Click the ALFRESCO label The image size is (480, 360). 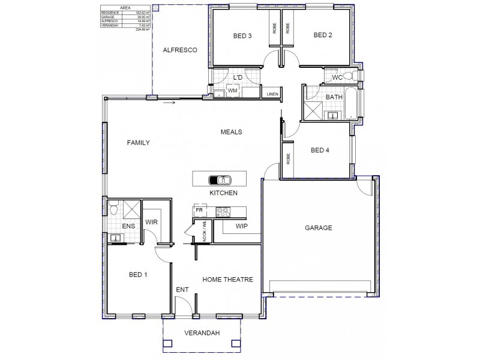[180, 51]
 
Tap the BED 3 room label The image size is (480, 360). [242, 35]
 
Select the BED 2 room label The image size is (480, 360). [322, 35]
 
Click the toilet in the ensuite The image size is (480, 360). [113, 208]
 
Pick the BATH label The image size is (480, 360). [334, 97]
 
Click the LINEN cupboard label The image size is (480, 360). [272, 94]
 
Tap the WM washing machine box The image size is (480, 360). [232, 91]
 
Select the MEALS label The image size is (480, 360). [231, 132]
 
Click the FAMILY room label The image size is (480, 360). [138, 143]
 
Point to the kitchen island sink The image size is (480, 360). [219, 179]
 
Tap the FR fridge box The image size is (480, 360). [199, 211]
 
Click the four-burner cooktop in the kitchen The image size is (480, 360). [223, 211]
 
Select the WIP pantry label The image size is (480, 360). [242, 226]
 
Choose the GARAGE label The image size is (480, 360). [318, 228]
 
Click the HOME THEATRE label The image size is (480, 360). [227, 280]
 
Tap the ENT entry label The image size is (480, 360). [182, 290]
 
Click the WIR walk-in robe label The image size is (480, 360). [151, 222]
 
